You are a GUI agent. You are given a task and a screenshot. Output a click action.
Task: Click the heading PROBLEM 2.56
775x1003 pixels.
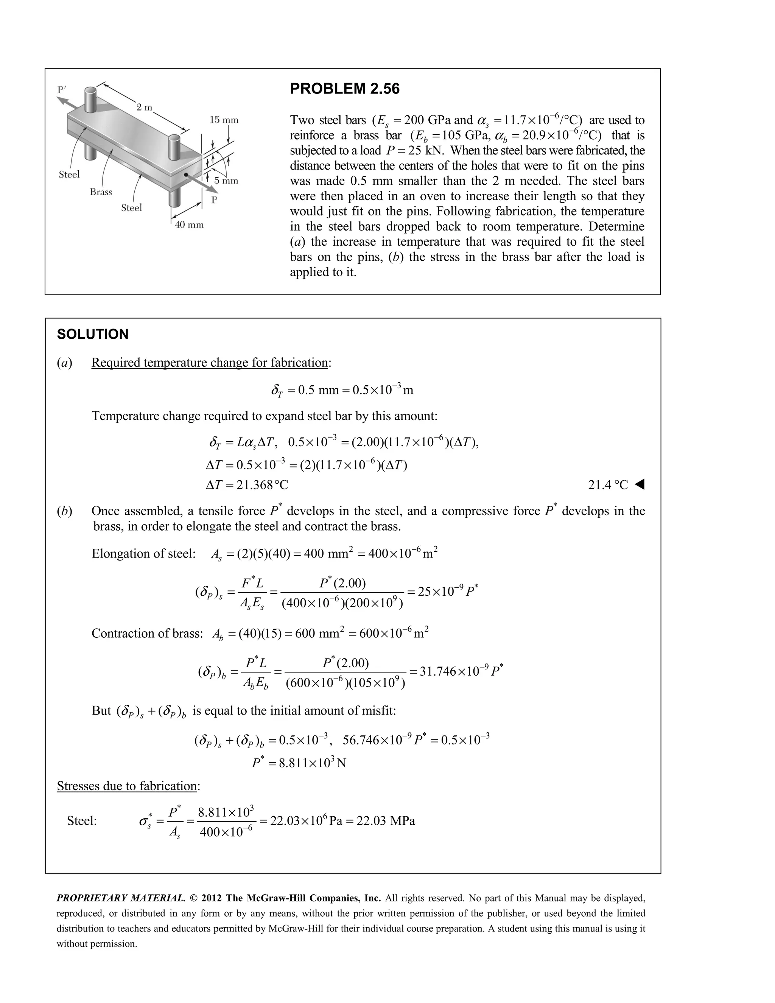(344, 89)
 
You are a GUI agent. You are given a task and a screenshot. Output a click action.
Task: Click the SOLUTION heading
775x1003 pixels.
(92, 334)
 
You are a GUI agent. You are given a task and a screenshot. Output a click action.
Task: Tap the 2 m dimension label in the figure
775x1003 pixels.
(144, 107)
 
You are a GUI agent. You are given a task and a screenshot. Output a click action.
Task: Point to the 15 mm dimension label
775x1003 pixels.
(224, 120)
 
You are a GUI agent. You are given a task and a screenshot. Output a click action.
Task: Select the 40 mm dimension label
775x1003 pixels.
(189, 225)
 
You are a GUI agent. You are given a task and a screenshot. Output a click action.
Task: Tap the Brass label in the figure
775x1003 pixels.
(101, 192)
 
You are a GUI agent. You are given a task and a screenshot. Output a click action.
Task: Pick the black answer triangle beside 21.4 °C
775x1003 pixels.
(640, 484)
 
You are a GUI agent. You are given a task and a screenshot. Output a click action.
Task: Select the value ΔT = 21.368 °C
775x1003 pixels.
(247, 485)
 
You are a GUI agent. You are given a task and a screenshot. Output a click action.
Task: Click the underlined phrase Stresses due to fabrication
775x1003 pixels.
(127, 786)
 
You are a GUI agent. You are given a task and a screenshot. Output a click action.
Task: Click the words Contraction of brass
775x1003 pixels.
(147, 634)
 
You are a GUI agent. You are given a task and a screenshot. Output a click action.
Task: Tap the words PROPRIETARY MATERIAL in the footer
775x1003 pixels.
(121, 898)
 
